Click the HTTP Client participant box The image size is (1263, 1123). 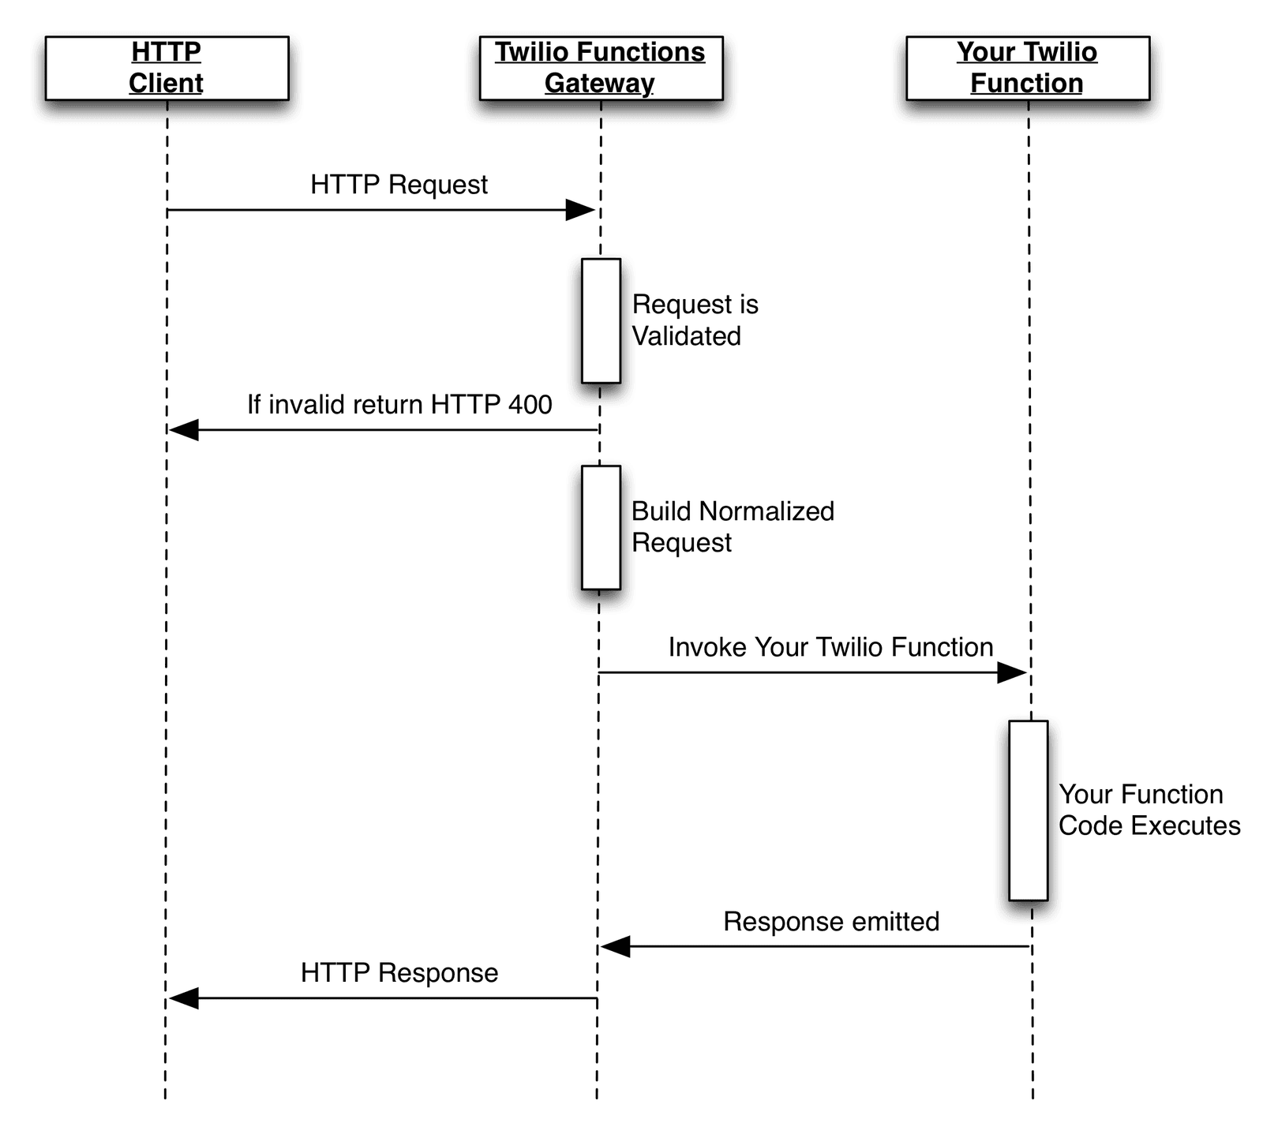coord(167,68)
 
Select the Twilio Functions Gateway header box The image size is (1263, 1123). coord(601,68)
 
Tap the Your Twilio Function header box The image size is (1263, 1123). coord(1027,68)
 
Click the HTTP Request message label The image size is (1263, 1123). coord(399,185)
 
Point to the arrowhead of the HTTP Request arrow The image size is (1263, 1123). coord(581,210)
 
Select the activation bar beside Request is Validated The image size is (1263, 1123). coord(601,320)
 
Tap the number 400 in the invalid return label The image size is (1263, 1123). coord(530,405)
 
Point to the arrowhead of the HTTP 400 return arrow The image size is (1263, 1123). coord(183,430)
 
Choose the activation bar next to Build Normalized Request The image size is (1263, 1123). coord(601,527)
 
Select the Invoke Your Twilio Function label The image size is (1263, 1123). coord(830,647)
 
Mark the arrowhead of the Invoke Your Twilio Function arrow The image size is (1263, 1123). coord(1012,673)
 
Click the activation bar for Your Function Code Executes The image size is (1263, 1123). coord(1028,810)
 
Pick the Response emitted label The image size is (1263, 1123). coord(831,922)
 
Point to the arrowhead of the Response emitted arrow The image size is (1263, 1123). coord(616,946)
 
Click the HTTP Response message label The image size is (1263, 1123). coord(399,973)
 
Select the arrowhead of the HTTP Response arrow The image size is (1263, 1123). coord(183,998)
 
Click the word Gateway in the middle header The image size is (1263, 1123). coord(599,84)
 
